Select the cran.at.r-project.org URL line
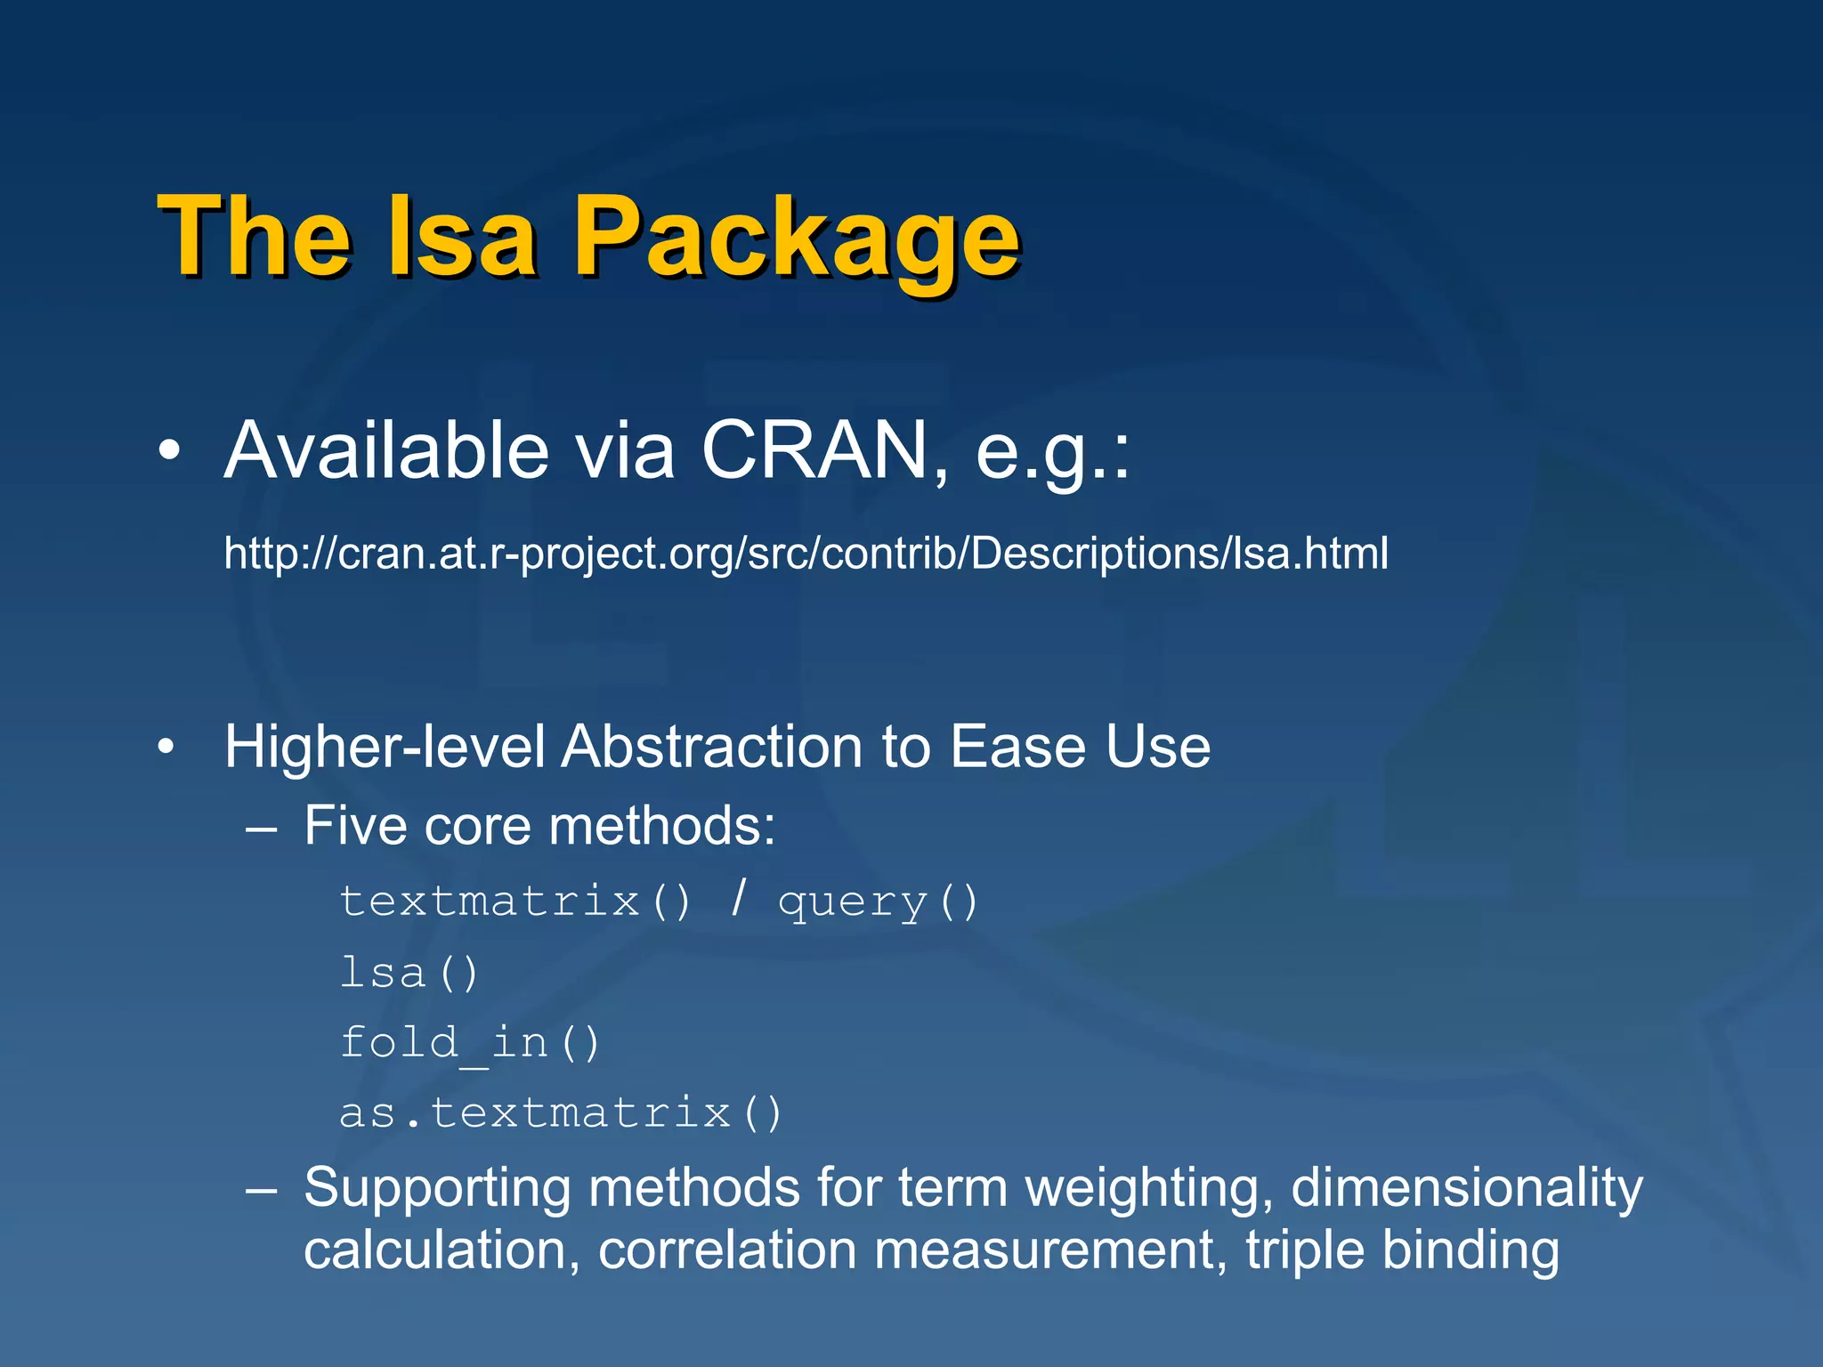click(806, 554)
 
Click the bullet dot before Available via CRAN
click(168, 452)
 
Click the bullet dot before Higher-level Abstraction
click(166, 748)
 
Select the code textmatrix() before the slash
click(514, 902)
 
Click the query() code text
click(878, 902)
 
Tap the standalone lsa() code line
click(409, 972)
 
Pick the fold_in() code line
click(470, 1042)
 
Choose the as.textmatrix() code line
click(561, 1112)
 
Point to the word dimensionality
click(1466, 1188)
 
